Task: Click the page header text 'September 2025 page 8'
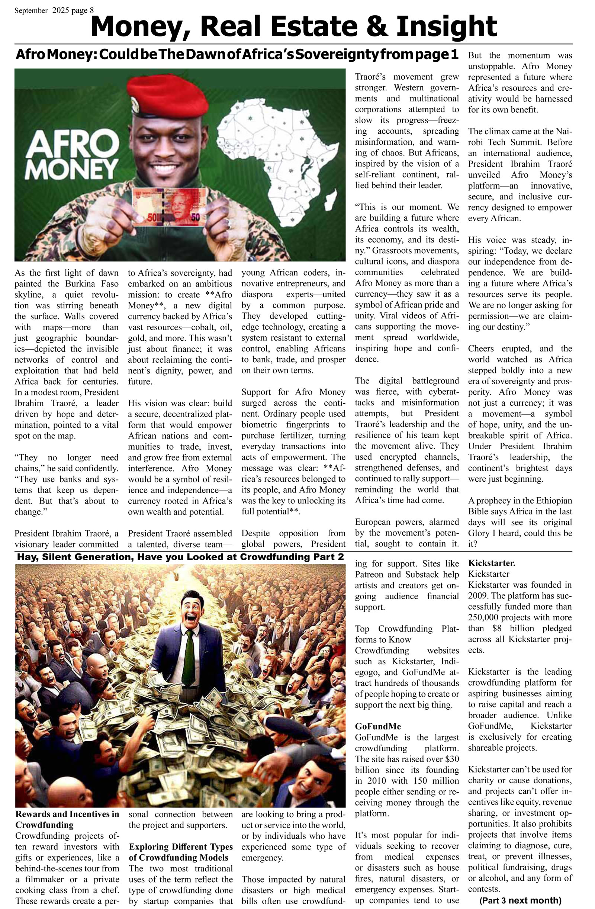pos(54,11)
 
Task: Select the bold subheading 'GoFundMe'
pos(378,726)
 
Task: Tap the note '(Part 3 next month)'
pos(520,900)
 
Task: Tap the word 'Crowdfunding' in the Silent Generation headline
pos(273,557)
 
